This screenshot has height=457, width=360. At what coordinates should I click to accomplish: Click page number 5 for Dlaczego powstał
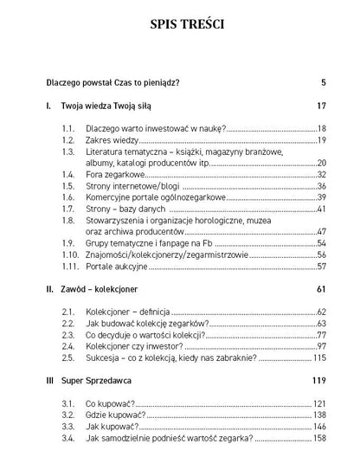(322, 83)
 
